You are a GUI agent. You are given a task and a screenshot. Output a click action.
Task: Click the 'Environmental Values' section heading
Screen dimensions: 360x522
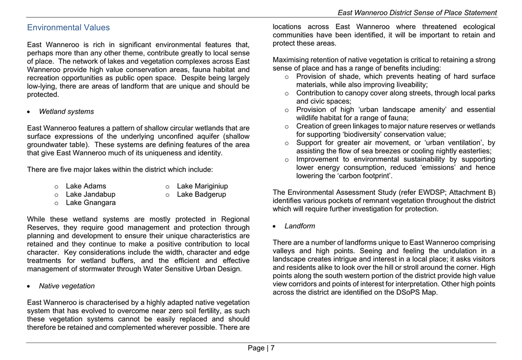(68, 28)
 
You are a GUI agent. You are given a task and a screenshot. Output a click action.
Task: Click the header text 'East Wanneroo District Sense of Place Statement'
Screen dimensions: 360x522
(417, 12)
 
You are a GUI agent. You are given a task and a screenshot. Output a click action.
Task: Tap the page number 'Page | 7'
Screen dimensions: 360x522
(261, 348)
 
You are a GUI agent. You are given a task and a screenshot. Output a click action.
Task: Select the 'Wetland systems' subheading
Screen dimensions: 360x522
(66, 111)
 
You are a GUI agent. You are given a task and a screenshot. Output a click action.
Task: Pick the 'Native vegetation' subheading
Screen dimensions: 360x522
(67, 286)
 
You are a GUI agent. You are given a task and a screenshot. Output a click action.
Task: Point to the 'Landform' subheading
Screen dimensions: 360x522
(300, 226)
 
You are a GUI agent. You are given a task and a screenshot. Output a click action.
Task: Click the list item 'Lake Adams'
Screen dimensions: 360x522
(86, 186)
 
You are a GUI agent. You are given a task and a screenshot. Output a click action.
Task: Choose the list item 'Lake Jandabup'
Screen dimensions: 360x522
(90, 194)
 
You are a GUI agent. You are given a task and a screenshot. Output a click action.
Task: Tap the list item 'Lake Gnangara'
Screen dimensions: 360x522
(90, 203)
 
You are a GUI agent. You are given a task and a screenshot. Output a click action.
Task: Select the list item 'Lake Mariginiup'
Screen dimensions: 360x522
(202, 186)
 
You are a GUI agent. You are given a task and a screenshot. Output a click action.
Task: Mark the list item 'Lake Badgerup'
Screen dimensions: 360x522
(201, 194)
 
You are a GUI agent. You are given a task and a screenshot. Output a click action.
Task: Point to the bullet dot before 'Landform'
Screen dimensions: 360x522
(276, 226)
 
